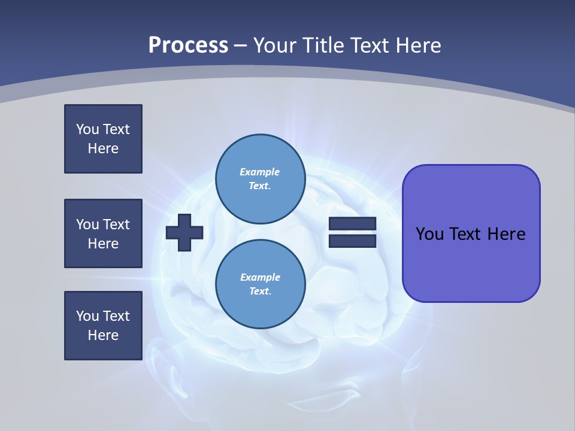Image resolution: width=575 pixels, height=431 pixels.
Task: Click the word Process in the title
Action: pos(188,45)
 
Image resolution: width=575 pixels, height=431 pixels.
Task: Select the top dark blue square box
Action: pos(103,139)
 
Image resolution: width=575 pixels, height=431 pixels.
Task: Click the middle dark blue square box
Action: pos(103,233)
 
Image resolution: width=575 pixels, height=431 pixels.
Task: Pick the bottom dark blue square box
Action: pos(103,326)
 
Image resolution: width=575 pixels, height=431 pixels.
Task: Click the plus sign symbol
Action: pos(184,232)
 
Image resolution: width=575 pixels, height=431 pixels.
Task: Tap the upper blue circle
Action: pos(260,179)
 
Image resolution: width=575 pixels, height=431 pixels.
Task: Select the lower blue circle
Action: pos(260,284)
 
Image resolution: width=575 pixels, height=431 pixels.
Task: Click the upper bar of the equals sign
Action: pos(352,223)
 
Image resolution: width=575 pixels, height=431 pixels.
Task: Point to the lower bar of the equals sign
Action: pos(352,241)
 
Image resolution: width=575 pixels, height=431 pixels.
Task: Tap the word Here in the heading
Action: pos(417,45)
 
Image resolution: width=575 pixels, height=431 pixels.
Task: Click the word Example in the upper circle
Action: pos(259,172)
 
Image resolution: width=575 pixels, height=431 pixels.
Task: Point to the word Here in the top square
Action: pos(103,148)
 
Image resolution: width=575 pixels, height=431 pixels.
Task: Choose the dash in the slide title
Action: pos(241,45)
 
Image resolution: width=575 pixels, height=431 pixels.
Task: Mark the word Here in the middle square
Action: pos(103,244)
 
